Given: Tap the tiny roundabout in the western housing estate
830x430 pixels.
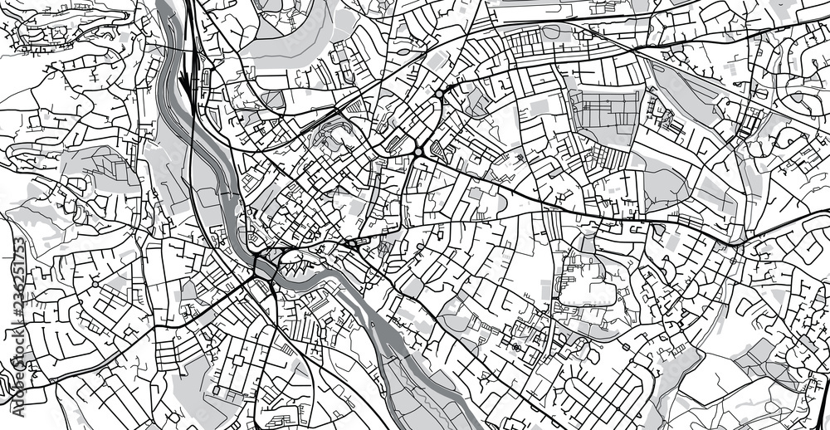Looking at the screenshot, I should (95, 285).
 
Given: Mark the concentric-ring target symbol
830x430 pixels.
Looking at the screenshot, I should (516, 347).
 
